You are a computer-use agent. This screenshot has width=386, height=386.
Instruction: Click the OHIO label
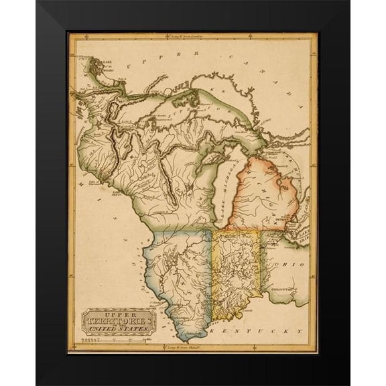pyautogui.click(x=293, y=265)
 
